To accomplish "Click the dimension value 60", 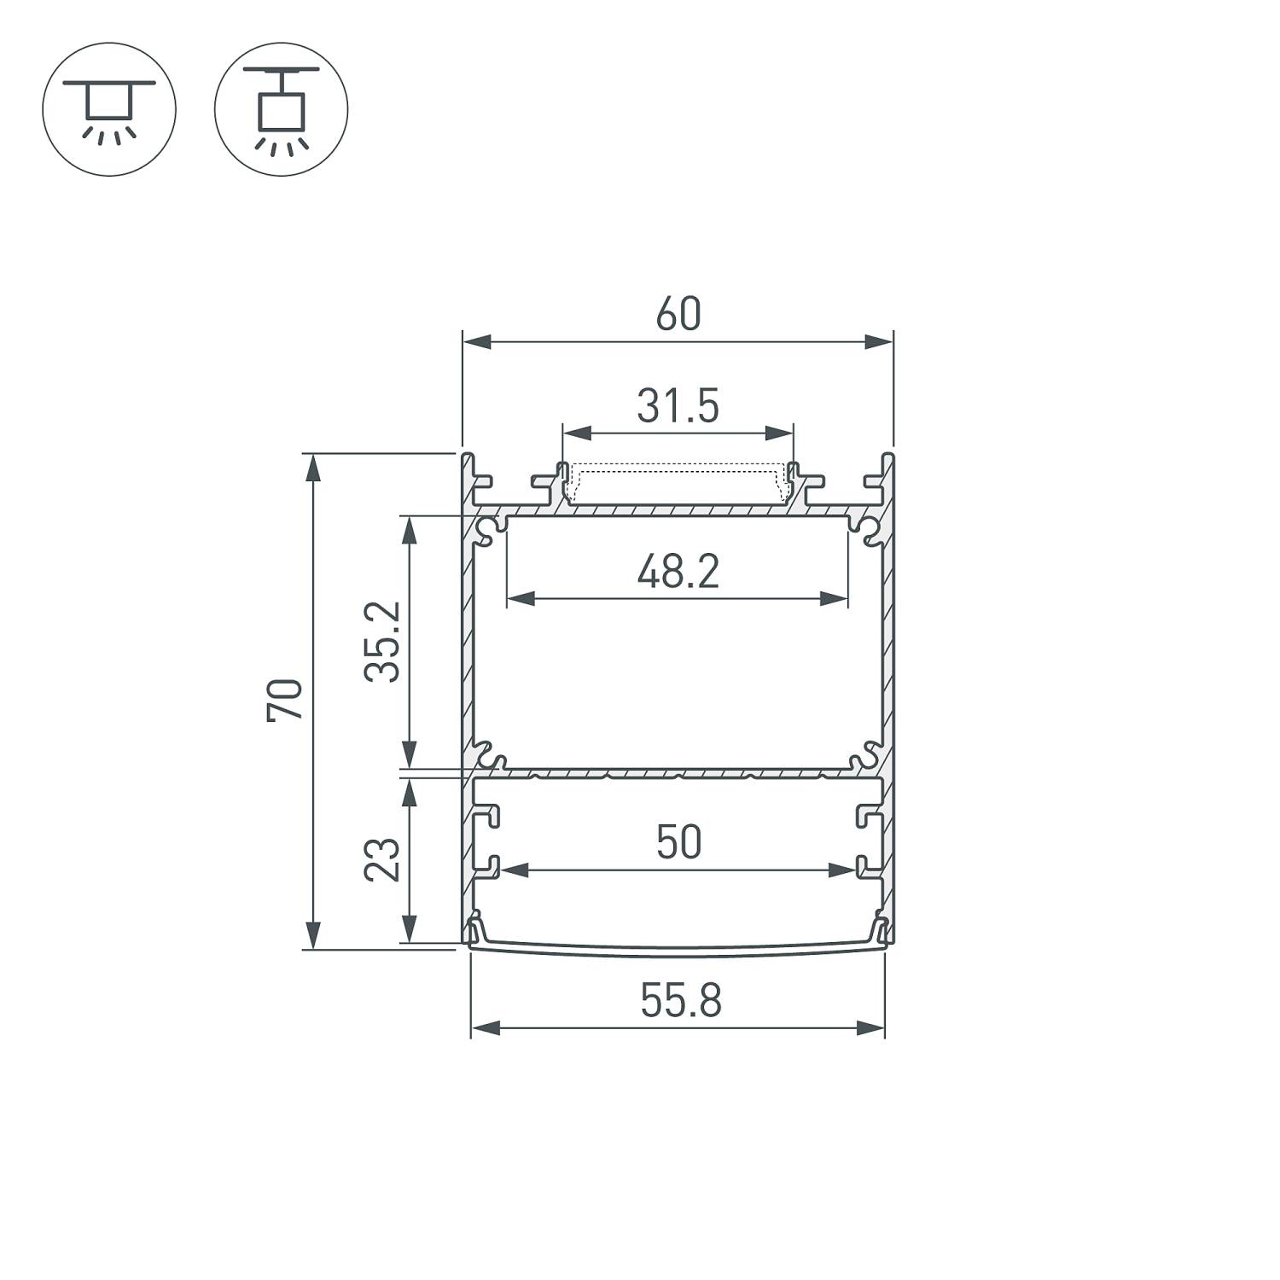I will (x=678, y=314).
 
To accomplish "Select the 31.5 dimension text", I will (x=678, y=406).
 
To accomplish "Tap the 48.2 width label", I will (x=678, y=572).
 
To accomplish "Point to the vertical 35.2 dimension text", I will (x=381, y=642).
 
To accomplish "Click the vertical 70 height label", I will (x=285, y=701).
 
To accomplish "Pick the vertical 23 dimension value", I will (x=381, y=859).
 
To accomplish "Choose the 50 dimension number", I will (x=679, y=842).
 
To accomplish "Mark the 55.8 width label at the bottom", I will (x=681, y=1001).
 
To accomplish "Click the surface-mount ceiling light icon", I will (x=108, y=109).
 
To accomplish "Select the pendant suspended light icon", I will (x=281, y=109).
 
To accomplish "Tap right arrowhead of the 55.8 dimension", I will (x=871, y=1027).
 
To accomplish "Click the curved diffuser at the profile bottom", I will (x=678, y=948).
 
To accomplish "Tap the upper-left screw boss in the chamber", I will (x=488, y=531).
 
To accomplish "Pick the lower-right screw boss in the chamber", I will (x=867, y=754).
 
